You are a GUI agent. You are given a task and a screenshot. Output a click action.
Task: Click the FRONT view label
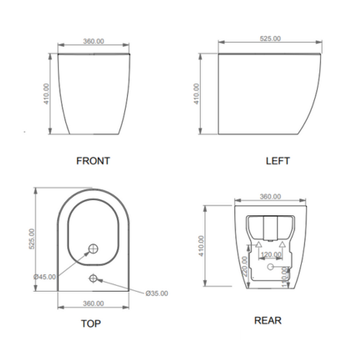[93, 161]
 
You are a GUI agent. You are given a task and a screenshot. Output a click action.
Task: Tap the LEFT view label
[278, 161]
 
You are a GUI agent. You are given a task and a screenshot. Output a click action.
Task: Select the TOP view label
[91, 323]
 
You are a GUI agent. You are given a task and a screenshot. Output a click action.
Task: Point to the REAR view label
[268, 320]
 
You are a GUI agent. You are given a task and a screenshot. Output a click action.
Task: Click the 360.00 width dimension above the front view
[93, 41]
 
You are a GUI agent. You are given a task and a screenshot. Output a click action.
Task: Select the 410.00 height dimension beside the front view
[46, 93]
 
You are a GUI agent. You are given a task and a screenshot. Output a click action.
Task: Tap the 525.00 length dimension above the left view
[270, 38]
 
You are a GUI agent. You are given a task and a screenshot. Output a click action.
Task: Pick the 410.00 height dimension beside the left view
[196, 93]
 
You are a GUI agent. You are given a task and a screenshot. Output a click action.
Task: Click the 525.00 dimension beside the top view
[31, 239]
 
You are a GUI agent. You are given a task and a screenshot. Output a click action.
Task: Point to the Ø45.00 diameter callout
[44, 277]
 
